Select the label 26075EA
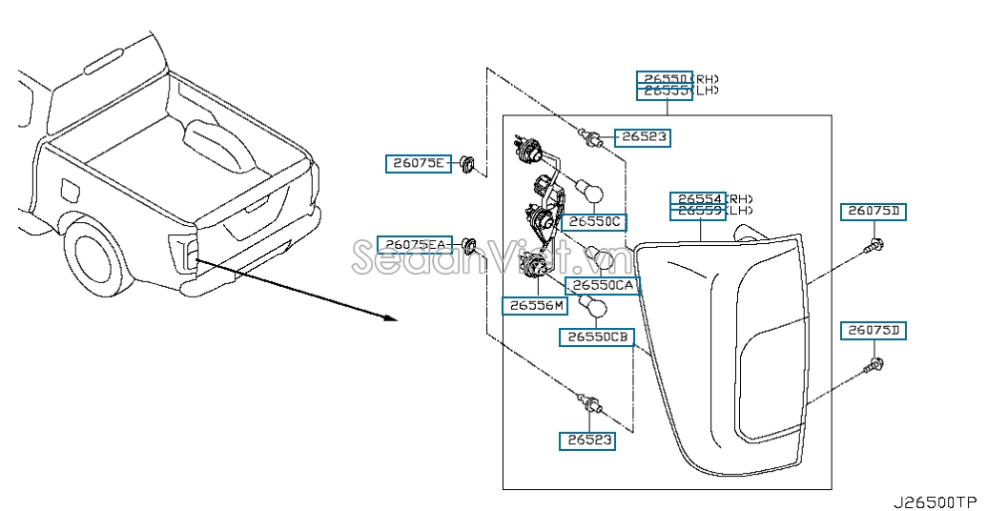(413, 245)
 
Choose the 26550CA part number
(602, 285)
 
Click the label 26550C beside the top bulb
(594, 222)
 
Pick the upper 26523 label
(642, 137)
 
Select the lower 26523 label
(586, 440)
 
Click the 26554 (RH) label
(697, 198)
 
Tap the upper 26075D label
(873, 211)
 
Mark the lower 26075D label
(873, 331)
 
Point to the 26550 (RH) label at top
(665, 78)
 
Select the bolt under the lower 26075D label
(872, 365)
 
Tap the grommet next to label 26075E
(466, 163)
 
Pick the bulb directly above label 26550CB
(596, 307)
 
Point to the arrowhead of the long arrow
(390, 317)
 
